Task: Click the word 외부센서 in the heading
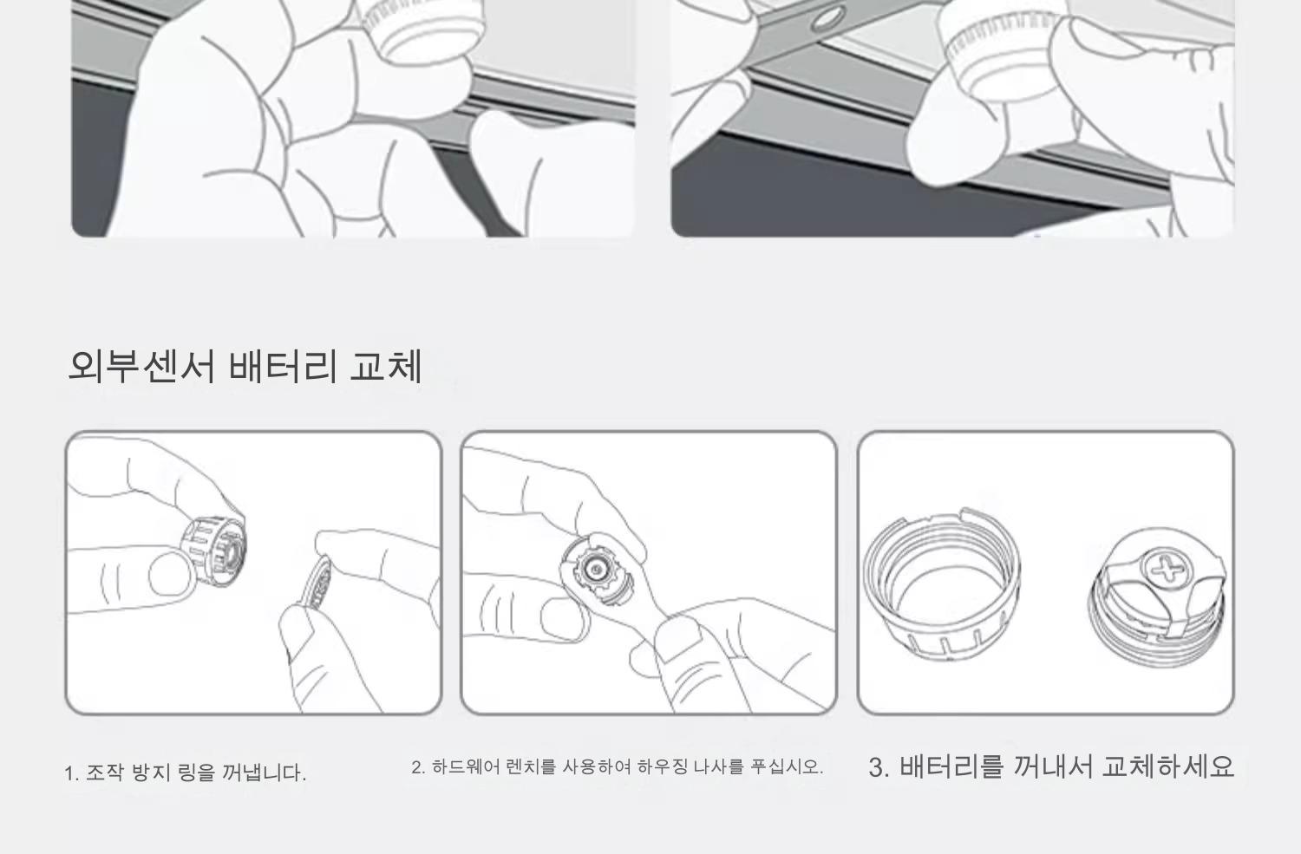[142, 367]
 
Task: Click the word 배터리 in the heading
[283, 367]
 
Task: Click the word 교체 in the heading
[386, 367]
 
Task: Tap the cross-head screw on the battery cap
[1167, 569]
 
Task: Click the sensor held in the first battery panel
[213, 551]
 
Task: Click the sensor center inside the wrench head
[593, 570]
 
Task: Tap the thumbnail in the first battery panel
[170, 574]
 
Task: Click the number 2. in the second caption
[418, 767]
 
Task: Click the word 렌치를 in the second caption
[532, 767]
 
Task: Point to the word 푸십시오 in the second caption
[787, 767]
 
